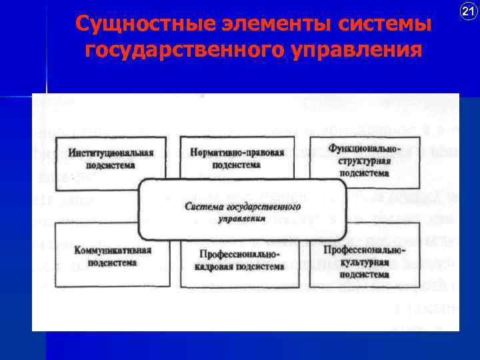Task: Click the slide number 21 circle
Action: click(x=467, y=11)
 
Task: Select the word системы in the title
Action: click(x=384, y=25)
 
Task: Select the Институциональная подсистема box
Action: click(x=111, y=160)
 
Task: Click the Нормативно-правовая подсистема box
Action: click(x=237, y=159)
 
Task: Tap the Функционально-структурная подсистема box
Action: click(x=363, y=160)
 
